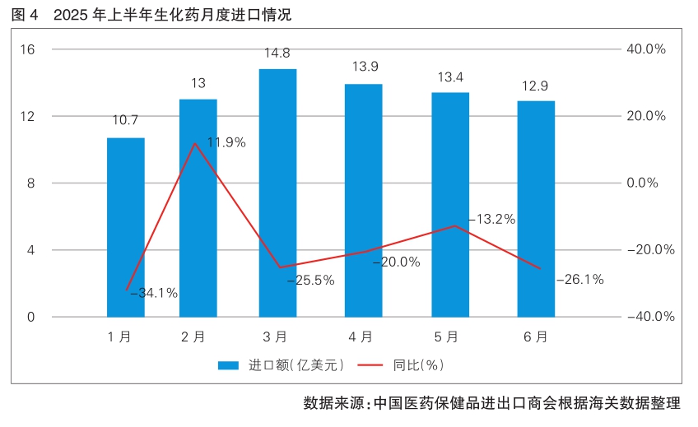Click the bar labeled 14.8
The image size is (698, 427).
[277, 193]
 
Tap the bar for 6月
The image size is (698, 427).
[536, 209]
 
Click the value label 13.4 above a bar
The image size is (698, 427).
[450, 77]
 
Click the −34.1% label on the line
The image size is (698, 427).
[154, 292]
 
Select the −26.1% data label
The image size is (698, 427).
[579, 279]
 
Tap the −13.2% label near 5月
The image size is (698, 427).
[491, 219]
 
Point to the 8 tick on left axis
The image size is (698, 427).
[30, 183]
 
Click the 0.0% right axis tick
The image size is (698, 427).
[648, 183]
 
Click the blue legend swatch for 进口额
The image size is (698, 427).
[228, 364]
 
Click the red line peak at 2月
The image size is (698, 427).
[194, 143]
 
